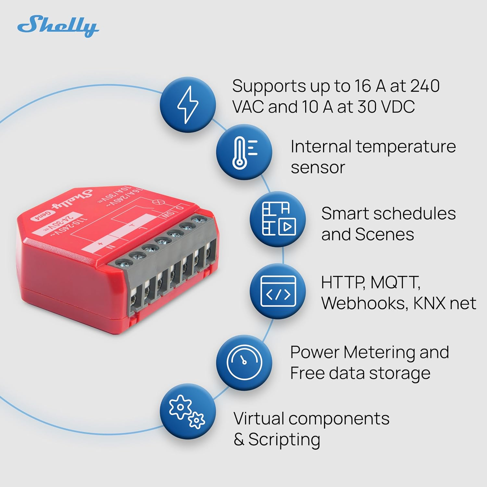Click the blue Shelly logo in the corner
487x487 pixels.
[x=58, y=26]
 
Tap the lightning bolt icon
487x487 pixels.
[x=188, y=104]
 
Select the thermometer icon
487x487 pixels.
[x=244, y=152]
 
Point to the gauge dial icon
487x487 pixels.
[x=244, y=362]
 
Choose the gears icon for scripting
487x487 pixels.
[x=187, y=411]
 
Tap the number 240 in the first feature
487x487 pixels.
[x=425, y=86]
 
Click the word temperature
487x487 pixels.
[x=406, y=147]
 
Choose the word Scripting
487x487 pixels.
[x=284, y=440]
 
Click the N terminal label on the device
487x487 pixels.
[x=111, y=246]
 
